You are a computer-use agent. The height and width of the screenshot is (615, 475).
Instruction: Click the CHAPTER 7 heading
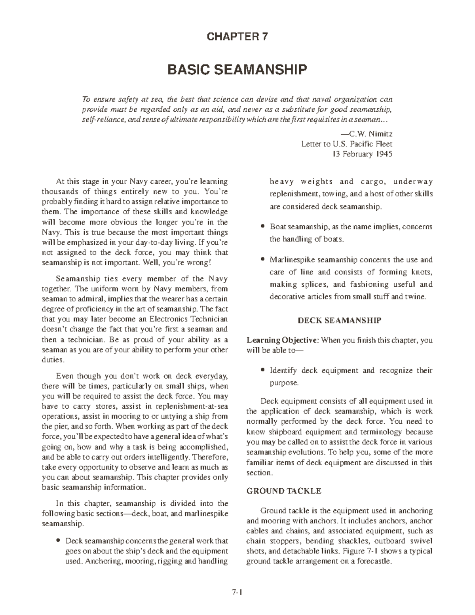point(237,37)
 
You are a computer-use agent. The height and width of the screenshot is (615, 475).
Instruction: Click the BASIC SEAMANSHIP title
point(237,70)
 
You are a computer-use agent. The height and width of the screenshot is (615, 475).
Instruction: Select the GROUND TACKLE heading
point(283,491)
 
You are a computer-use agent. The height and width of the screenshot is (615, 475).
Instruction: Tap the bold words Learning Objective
point(282,340)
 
